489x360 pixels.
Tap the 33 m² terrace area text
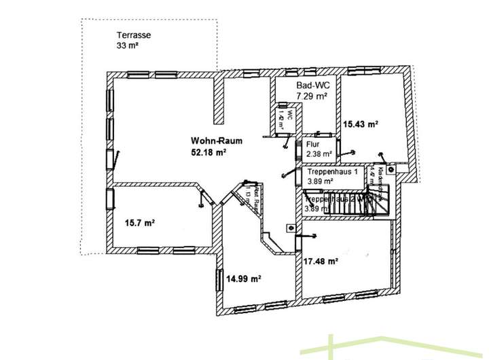tap(127, 46)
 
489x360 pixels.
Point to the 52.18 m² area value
tap(209, 152)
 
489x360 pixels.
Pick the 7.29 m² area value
tap(312, 97)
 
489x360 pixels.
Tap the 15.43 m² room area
tap(360, 125)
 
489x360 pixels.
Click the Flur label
tap(313, 145)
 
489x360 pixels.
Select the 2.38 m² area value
tap(319, 154)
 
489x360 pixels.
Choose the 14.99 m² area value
tap(245, 278)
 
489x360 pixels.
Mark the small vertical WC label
tap(286, 119)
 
